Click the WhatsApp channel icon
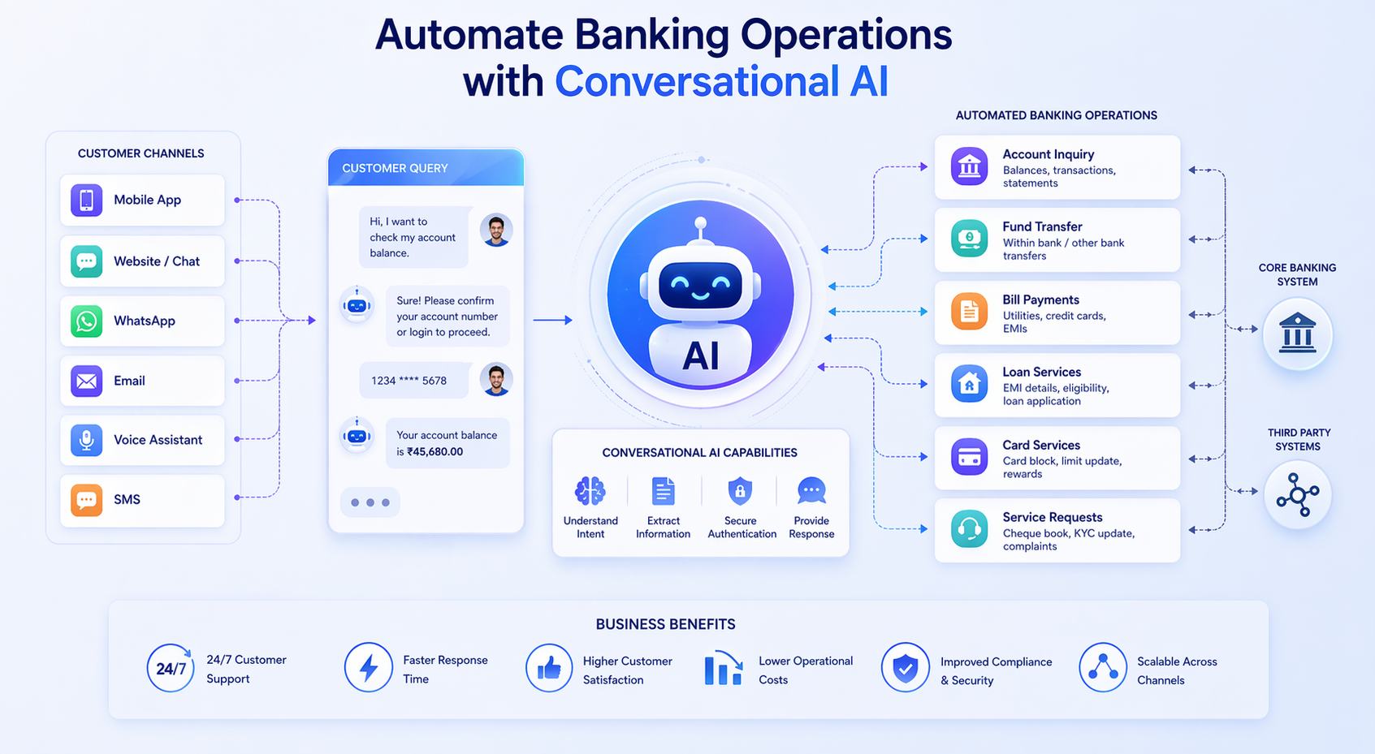point(86,321)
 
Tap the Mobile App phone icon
point(86,200)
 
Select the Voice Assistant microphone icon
point(86,440)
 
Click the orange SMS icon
point(86,500)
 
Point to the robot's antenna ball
point(700,223)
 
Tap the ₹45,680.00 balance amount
point(435,452)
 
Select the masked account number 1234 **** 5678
point(409,381)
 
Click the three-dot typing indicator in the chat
point(370,502)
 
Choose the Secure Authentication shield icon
point(740,491)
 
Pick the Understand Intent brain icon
point(590,491)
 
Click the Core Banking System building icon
point(1297,334)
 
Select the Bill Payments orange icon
point(969,312)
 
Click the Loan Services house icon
point(969,385)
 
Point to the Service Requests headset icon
point(969,530)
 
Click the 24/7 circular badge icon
point(171,668)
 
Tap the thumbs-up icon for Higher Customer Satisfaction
point(549,668)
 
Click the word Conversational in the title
point(698,82)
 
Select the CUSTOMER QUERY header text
point(395,168)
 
